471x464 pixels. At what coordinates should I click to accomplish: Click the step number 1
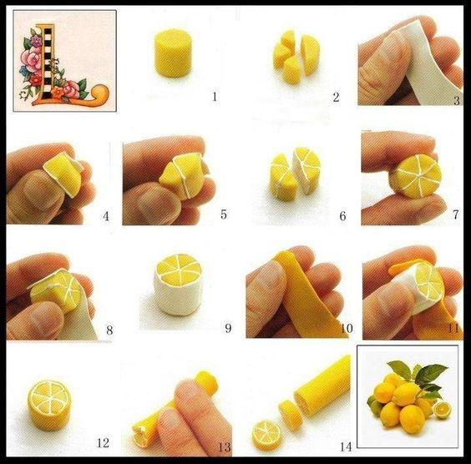[x=215, y=97]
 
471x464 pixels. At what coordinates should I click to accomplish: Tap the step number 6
[x=342, y=216]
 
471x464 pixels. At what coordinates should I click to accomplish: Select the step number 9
[x=228, y=328]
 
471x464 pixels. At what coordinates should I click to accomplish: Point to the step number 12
[x=103, y=442]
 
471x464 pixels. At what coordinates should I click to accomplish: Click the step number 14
[x=346, y=447]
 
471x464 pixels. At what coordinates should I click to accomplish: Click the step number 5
[x=224, y=214]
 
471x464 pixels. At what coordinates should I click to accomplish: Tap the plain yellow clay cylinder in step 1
[x=173, y=53]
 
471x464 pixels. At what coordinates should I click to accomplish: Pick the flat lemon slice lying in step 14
[x=266, y=435]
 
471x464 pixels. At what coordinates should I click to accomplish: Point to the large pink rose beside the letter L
[x=31, y=59]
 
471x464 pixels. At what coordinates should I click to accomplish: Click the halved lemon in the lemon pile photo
[x=443, y=410]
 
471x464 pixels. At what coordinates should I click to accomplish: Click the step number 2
[x=336, y=97]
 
